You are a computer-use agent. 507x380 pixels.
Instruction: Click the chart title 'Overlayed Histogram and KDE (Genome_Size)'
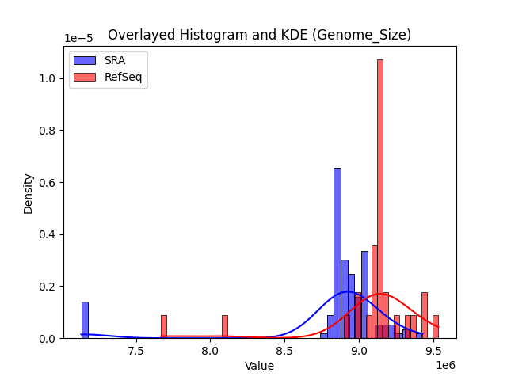tap(259, 35)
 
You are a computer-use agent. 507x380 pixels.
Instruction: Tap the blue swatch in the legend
tap(85, 60)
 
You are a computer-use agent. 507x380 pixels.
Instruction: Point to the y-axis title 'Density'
tap(29, 193)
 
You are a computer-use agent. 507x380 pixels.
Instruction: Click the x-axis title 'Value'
tap(259, 366)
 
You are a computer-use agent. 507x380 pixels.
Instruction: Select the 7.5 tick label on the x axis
tap(135, 351)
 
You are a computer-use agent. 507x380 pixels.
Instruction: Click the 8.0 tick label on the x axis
tap(210, 351)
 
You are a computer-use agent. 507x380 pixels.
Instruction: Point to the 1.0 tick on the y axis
tap(48, 78)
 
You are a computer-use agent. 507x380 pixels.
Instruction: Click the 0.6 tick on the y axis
tap(48, 182)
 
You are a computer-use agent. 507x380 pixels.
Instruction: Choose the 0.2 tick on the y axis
tap(48, 287)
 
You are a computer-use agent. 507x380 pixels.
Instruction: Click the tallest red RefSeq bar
tap(380, 198)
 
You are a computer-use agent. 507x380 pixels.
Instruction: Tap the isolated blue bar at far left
tap(85, 320)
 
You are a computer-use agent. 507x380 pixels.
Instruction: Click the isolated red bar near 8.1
tap(225, 327)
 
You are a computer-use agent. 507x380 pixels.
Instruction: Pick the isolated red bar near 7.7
tap(164, 327)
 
